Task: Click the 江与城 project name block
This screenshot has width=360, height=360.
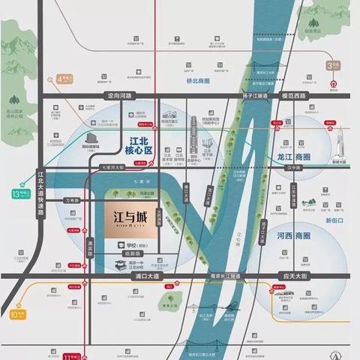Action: pos(127,219)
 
